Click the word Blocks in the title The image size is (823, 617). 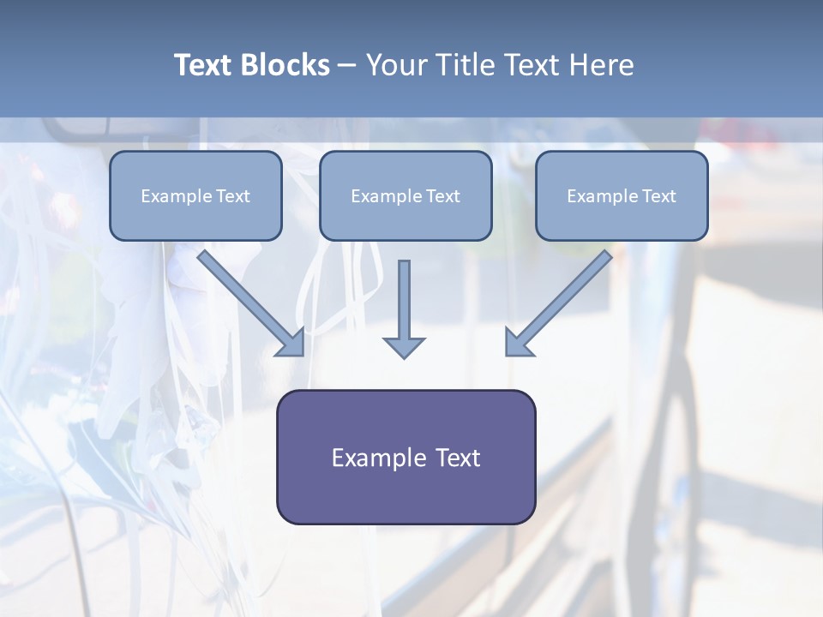(285, 65)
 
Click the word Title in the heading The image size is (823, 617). (462, 65)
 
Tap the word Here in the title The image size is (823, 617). (602, 65)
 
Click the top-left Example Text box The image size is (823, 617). (195, 195)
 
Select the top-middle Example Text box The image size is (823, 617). (405, 195)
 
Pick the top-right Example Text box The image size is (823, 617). (622, 195)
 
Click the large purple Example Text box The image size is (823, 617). (406, 457)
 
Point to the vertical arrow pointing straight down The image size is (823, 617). (404, 309)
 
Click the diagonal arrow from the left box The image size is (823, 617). (250, 303)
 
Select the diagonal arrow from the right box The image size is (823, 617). (559, 303)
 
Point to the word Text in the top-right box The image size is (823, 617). (659, 196)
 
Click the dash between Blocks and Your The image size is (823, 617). (347, 67)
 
